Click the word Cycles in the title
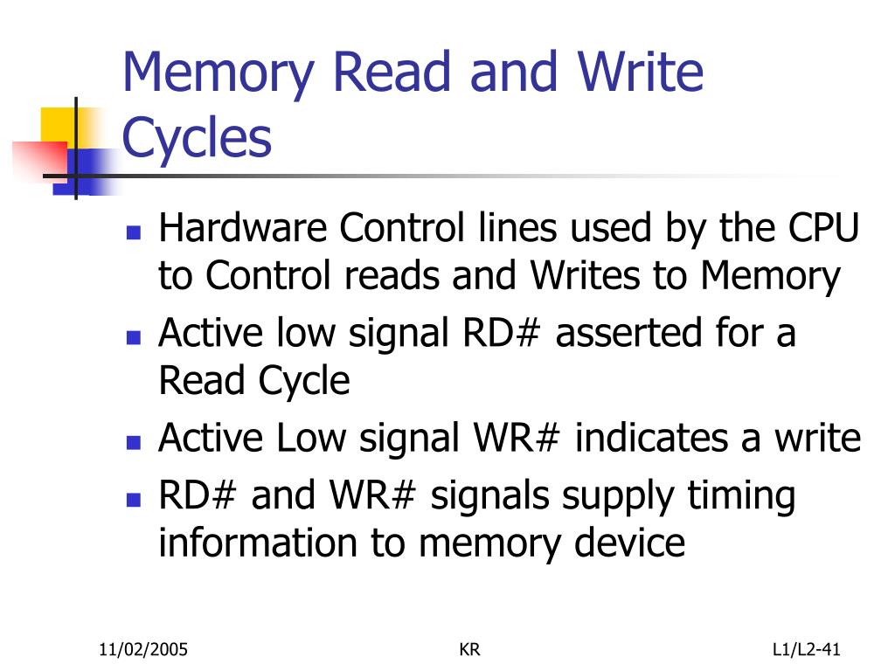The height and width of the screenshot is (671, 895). pyautogui.click(x=197, y=138)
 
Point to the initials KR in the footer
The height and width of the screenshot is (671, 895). pyautogui.click(x=469, y=649)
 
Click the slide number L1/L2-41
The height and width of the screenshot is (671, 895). pyautogui.click(x=806, y=649)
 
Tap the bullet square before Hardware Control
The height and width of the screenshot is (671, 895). pyautogui.click(x=134, y=233)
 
